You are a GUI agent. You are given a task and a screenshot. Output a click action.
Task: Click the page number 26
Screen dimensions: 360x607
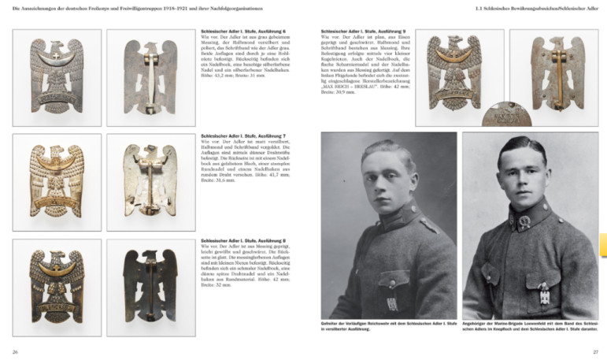click(15, 351)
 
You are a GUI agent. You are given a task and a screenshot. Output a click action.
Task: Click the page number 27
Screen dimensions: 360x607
click(595, 351)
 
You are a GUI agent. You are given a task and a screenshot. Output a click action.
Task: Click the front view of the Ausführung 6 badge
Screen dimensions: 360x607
click(57, 76)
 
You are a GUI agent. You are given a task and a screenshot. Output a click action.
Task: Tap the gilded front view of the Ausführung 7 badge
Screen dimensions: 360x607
click(57, 181)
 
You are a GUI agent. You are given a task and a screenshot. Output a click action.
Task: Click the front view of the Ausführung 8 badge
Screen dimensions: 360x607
click(57, 284)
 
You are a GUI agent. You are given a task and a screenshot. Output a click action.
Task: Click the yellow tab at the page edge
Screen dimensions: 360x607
click(603, 245)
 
